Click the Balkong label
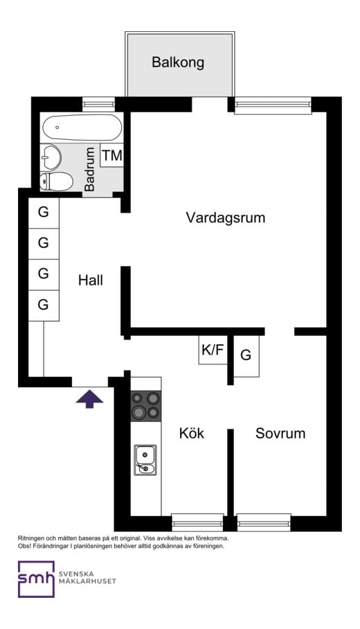pos(178,62)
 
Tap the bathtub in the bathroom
pos(82,127)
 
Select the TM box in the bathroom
pos(111,156)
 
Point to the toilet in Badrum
pos(57,182)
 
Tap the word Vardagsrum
pos(226,218)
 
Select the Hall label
pos(91,281)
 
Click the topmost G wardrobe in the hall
pos(44,213)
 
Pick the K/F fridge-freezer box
pos(213,351)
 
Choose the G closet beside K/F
pos(246,356)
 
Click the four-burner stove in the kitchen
pos(145,405)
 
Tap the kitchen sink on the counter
pos(145,460)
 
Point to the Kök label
pos(192,434)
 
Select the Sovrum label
pos(280,434)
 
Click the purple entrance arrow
pos(89,398)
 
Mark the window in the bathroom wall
pos(98,105)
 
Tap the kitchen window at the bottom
pos(197,522)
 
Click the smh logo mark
pos(36,579)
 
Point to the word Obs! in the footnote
pos(26,546)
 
